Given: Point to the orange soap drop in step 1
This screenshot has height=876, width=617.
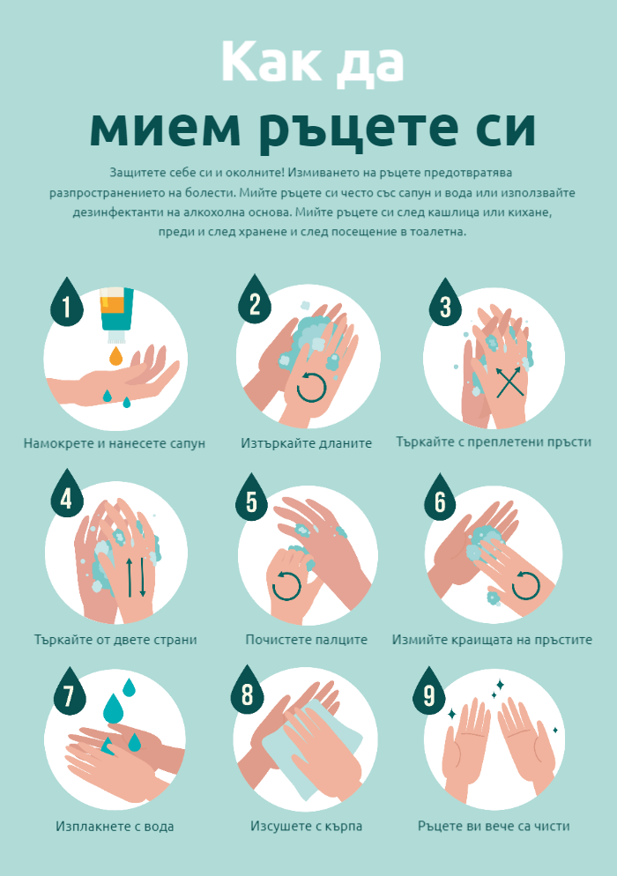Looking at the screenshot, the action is coord(115,355).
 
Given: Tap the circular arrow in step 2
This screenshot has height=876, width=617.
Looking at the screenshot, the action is coord(311,387).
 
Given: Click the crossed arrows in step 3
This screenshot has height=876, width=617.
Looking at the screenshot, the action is coord(509,382).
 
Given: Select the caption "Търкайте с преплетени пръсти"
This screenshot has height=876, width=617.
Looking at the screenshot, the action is coord(494,442).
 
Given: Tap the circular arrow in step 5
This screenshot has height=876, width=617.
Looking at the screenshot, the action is coord(286,585).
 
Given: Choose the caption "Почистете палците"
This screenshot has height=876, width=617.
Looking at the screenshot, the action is coord(306,640).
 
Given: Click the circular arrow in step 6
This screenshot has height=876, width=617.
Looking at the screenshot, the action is coord(526,585).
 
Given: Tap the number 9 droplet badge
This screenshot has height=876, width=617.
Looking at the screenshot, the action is coord(428,691).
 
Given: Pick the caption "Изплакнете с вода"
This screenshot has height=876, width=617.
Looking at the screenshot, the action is coord(115,826).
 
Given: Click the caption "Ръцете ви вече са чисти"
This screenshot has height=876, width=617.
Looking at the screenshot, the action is coord(494,826).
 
